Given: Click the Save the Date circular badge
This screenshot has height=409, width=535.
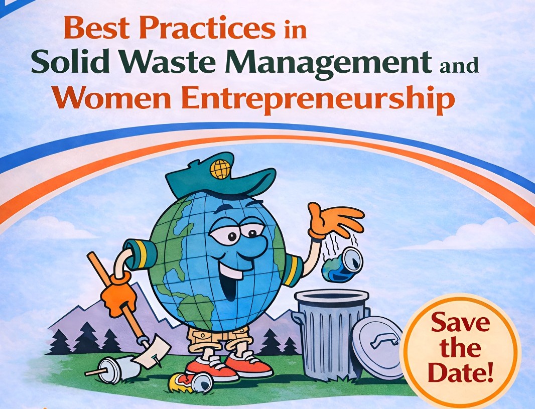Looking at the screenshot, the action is pos(461,348).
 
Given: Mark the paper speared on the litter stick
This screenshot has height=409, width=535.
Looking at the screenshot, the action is pos(152,351).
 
